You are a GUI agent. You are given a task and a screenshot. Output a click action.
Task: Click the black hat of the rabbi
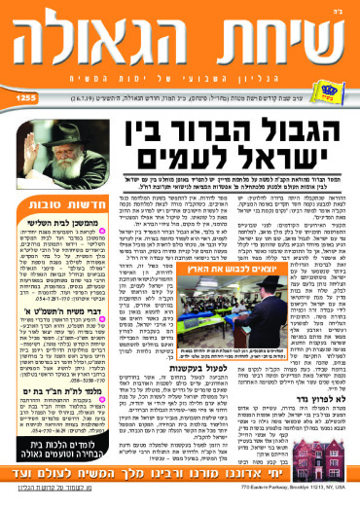pos(57,129)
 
